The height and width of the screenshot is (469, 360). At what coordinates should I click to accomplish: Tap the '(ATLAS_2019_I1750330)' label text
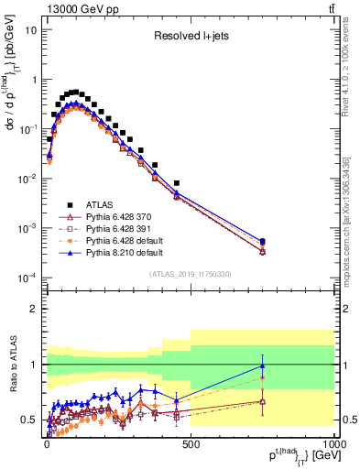pyautogui.click(x=190, y=274)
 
